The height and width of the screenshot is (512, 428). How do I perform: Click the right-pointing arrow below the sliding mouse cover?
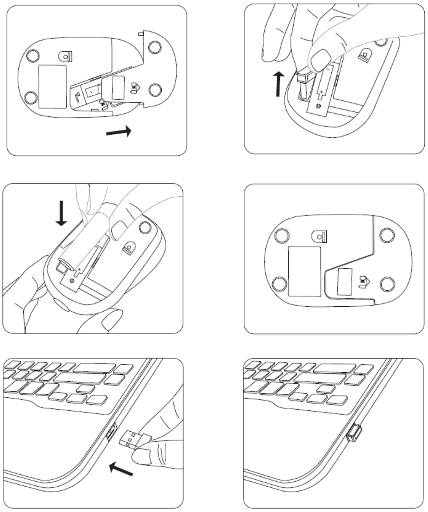pyautogui.click(x=119, y=132)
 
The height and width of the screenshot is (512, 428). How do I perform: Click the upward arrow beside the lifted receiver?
pyautogui.click(x=279, y=84)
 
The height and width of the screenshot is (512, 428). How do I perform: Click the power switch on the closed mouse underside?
pyautogui.click(x=320, y=236)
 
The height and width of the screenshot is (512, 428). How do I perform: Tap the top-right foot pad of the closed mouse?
pyautogui.click(x=386, y=235)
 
